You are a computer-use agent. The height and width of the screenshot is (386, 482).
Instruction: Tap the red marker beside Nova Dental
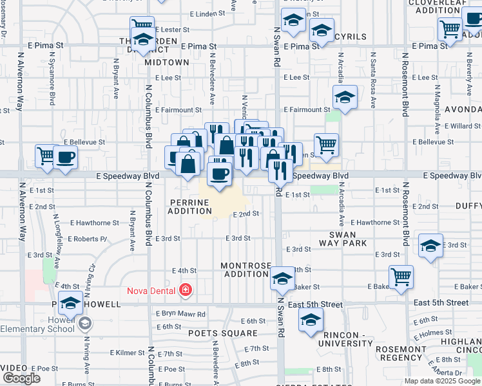[186, 291]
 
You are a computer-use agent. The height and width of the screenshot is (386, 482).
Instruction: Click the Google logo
[21, 378]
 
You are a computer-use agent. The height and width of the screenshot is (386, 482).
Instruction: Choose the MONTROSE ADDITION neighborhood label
[244, 270]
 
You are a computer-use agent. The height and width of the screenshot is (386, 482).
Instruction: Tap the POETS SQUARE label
[214, 333]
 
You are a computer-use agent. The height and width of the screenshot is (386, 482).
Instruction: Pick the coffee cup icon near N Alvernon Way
[66, 156]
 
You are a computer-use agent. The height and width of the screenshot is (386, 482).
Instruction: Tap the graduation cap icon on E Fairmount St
[345, 98]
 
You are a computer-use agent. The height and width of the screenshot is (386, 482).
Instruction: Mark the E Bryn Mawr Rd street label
[180, 314]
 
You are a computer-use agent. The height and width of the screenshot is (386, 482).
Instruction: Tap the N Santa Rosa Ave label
[372, 80]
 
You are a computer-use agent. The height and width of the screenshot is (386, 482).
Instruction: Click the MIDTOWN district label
[167, 62]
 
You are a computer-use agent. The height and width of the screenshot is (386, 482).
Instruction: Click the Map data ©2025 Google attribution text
[442, 381]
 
